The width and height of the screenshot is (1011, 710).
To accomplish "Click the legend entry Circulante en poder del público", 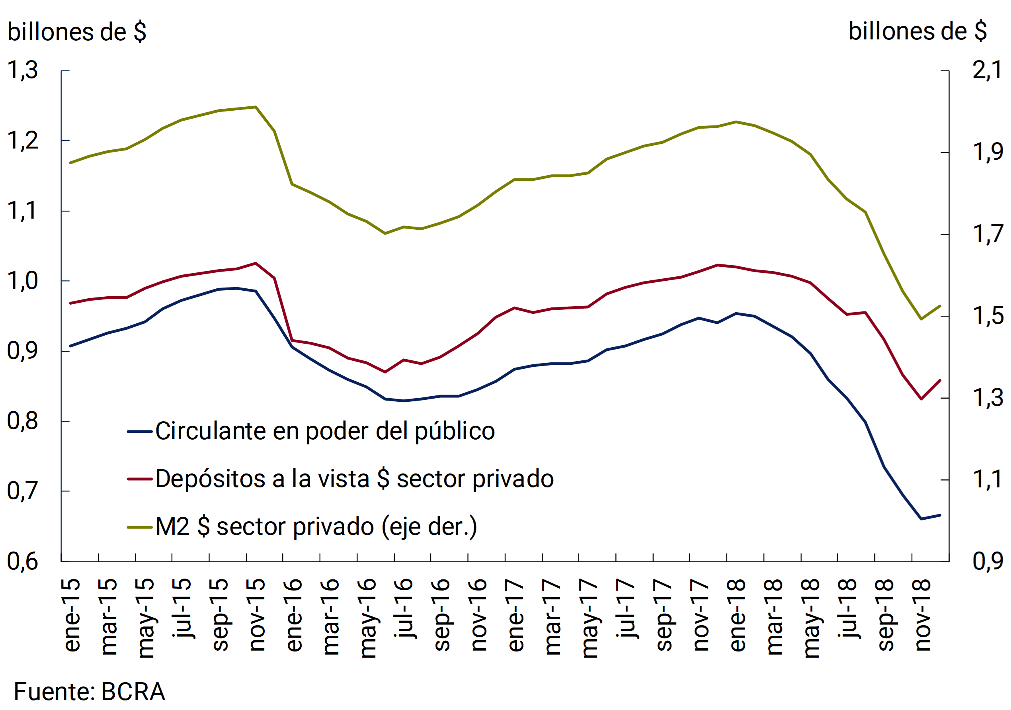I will point(325,431).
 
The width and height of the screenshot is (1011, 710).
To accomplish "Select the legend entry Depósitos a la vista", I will point(355,479).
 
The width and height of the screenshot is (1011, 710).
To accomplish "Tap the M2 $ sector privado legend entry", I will point(316,527).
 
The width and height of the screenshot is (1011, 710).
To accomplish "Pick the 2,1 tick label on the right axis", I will point(987,70).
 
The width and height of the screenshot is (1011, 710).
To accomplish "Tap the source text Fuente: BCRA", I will point(90,692).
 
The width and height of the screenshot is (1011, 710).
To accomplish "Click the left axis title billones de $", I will point(77,32).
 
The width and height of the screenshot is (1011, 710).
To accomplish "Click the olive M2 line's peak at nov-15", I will point(256,107).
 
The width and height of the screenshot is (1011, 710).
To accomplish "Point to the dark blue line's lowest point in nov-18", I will point(921,519).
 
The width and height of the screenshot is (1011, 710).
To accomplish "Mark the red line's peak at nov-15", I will point(256,263).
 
